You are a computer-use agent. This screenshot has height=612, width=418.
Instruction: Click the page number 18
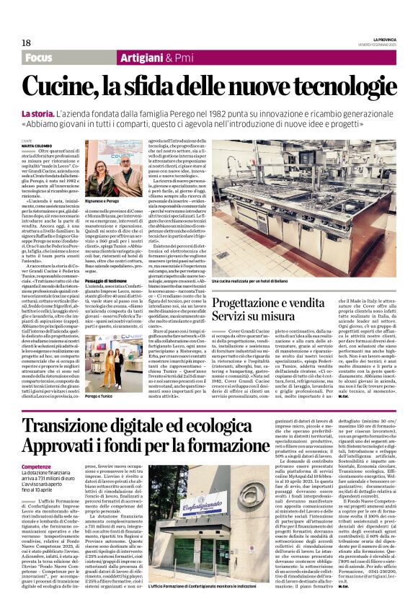tap(26, 43)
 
